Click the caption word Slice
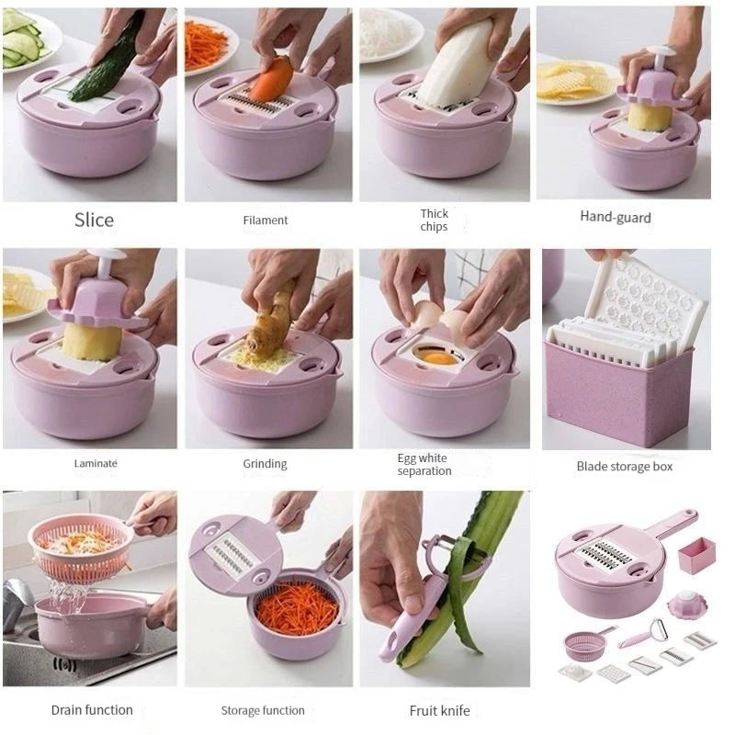[x=94, y=220]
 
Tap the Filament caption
[x=266, y=220]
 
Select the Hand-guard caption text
[x=616, y=218]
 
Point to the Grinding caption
[x=265, y=464]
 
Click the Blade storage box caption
[x=625, y=467]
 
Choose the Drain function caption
[x=92, y=710]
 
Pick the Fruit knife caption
[x=439, y=710]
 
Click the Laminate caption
[x=96, y=464]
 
